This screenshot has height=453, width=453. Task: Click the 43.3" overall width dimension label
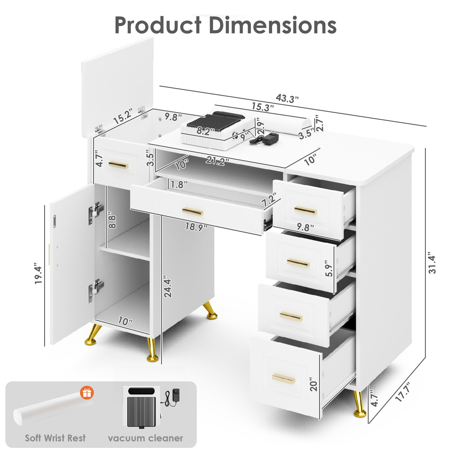tap(287, 99)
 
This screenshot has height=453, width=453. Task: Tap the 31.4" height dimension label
tap(432, 263)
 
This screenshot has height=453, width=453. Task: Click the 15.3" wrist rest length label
tap(263, 107)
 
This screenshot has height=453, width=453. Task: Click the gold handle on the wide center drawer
tap(193, 211)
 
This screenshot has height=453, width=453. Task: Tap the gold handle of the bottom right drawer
tap(283, 379)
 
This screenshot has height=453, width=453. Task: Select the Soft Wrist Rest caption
tap(55, 438)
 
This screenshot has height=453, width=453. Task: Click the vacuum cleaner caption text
tap(145, 438)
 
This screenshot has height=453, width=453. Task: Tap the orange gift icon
tap(87, 393)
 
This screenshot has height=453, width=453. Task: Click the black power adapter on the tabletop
tap(270, 138)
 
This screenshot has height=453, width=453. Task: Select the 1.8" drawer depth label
tap(179, 185)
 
